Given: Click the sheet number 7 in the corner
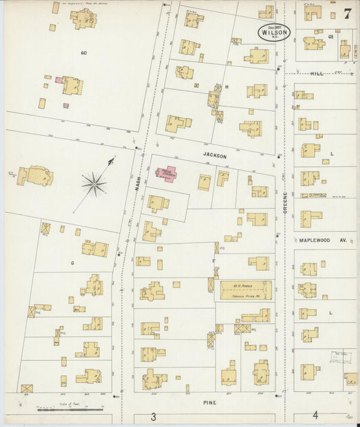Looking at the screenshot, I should pos(346,13).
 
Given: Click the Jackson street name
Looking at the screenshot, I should pos(215,155).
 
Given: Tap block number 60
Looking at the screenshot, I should pos(84,52).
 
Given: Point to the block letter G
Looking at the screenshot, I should pos(72,261).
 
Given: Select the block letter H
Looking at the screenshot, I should pos(227,87).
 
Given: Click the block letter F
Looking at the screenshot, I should pos(213,260).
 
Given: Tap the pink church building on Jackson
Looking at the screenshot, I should pos(166,174).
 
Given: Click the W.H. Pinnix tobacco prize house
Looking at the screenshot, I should pos(244,291).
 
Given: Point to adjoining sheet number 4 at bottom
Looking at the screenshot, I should pos(315,416).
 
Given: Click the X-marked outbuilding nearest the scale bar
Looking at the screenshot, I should pos(26,389).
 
